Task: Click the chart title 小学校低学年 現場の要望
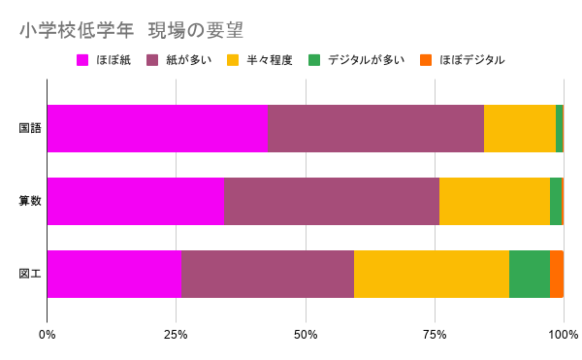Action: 131,30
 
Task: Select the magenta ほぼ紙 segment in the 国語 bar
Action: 157,128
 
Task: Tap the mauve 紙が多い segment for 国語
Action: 375,128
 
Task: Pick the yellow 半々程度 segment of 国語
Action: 520,128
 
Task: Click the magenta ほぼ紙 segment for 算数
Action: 136,201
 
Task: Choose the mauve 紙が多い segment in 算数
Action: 332,201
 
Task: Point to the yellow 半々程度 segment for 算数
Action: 495,201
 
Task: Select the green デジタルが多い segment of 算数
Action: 556,201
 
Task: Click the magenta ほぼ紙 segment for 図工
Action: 114,274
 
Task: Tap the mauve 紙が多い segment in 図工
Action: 268,274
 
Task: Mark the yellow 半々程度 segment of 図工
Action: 432,274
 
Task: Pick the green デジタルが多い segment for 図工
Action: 530,274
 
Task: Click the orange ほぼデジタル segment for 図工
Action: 557,274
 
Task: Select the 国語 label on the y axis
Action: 30,128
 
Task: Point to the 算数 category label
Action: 30,201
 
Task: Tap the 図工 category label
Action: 30,274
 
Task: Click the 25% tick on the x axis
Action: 176,335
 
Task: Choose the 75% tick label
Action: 435,335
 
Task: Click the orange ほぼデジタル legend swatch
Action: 426,60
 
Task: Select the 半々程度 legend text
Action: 270,60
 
